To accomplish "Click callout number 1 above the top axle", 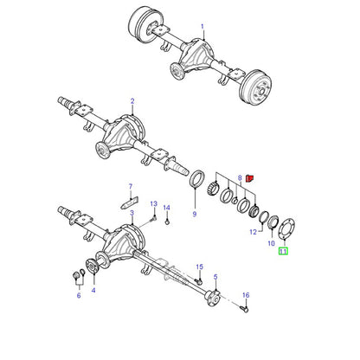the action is pos(202,27).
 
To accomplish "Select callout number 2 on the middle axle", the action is pos(132,101).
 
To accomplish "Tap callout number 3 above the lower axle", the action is pos(132,213).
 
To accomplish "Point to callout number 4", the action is pos(93,290).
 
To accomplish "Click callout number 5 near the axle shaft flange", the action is pos(215,277).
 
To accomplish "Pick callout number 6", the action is pos(79,295).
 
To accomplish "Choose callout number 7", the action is pos(131,187).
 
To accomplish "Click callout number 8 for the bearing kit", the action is pos(240,178).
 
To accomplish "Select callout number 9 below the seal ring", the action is pos(195,214).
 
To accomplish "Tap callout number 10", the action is pos(272,243).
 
